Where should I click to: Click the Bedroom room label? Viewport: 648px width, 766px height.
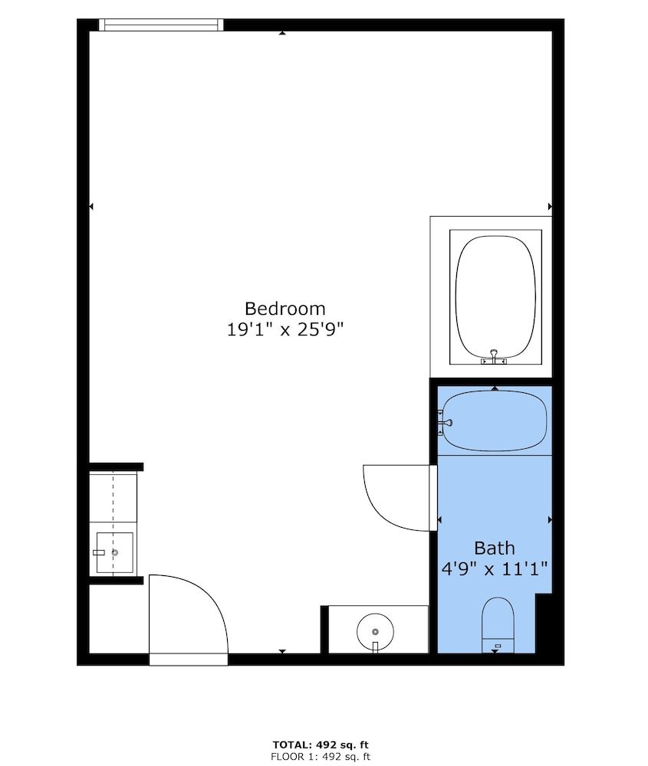tap(285, 309)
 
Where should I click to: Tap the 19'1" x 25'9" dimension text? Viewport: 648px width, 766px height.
tap(285, 330)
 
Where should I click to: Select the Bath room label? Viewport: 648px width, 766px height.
tap(494, 548)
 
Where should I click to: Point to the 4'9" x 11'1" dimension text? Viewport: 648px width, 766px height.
tap(494, 569)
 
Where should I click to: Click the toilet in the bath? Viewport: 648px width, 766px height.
tap(497, 624)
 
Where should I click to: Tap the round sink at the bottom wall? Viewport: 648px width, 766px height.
tap(375, 631)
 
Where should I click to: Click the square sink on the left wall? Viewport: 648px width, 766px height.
tap(113, 552)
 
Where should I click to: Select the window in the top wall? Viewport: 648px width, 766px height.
tap(161, 25)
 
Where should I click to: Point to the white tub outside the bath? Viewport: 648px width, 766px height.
tap(495, 295)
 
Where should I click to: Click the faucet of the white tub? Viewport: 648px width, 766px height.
tap(494, 356)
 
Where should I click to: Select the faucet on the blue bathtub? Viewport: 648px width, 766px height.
tap(443, 421)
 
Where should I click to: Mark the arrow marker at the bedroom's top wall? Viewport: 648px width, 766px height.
tap(283, 33)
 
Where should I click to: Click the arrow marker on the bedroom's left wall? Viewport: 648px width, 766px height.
tap(91, 206)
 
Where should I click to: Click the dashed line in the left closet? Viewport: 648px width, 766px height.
tap(113, 496)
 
